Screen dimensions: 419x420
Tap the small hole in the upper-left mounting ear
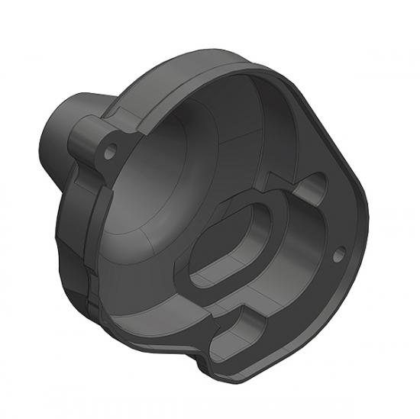tap(111, 150)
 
